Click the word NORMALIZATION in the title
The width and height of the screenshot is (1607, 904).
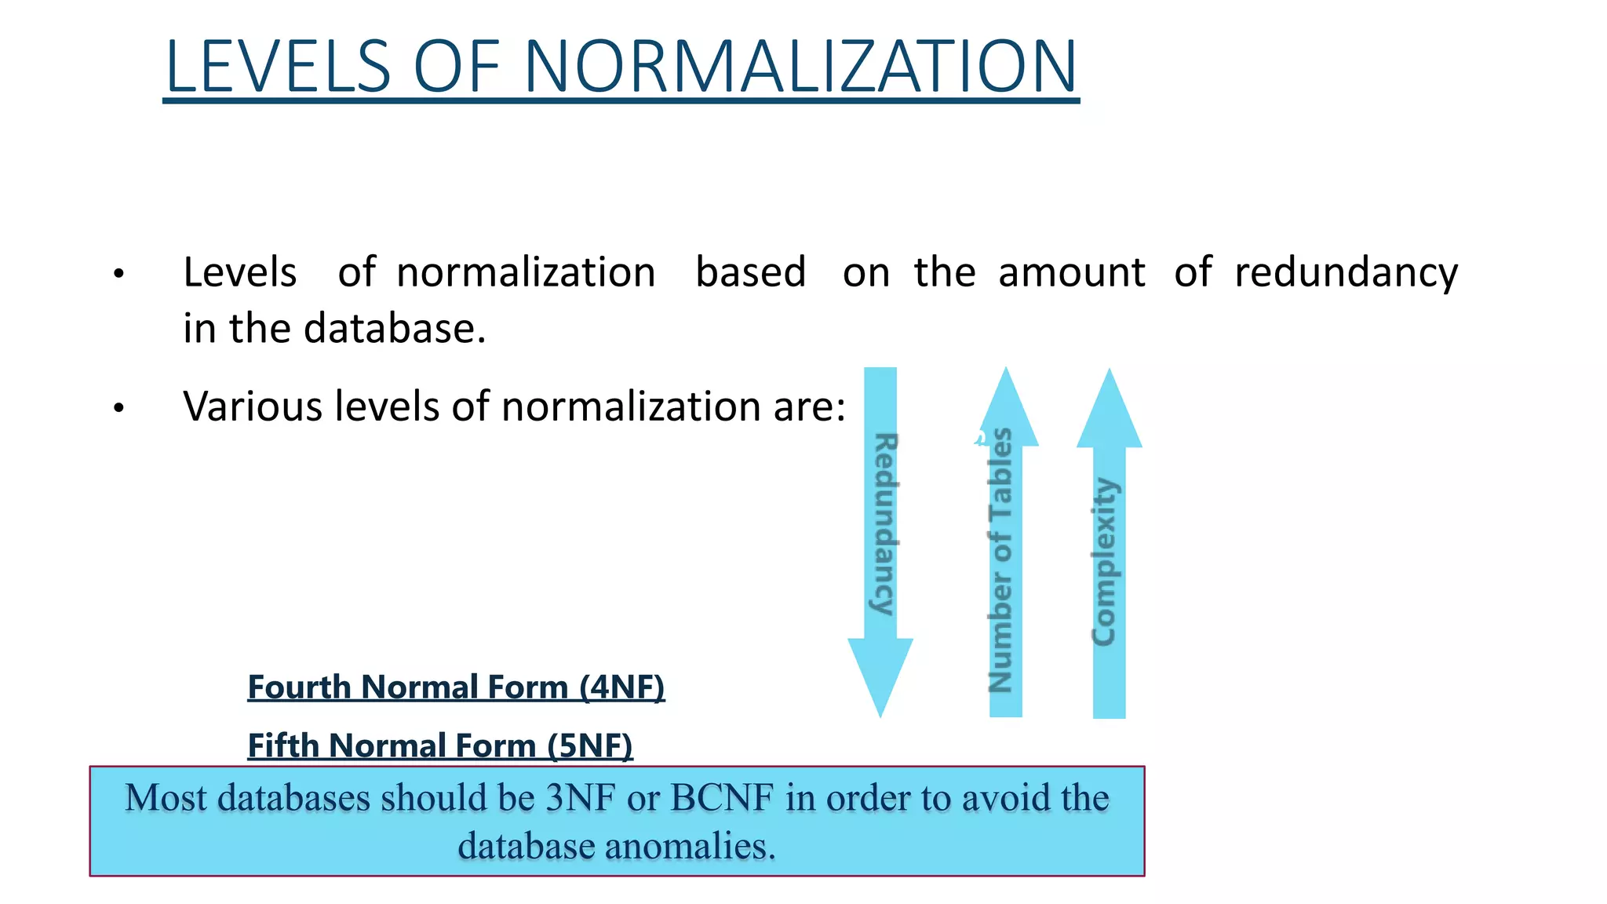pos(800,67)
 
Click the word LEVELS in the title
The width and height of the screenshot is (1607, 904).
pos(279,67)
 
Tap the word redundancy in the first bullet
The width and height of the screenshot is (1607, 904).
pos(1346,273)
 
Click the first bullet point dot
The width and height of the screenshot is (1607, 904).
pos(118,274)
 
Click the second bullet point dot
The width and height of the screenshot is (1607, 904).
pos(118,408)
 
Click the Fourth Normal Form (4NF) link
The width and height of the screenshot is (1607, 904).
pos(456,687)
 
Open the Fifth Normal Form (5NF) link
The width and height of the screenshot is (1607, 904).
pos(439,745)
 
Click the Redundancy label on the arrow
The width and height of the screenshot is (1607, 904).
pos(885,524)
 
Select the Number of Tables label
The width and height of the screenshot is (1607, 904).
pos(1000,560)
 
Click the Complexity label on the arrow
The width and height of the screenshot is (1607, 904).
pos(1105,562)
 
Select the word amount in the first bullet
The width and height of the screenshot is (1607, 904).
pos(1071,273)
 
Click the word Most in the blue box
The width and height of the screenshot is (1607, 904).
pos(166,798)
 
